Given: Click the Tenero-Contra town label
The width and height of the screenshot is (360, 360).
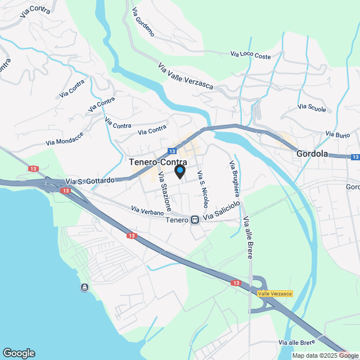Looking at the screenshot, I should tap(158, 162).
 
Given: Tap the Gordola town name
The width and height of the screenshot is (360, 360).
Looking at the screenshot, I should tap(312, 153).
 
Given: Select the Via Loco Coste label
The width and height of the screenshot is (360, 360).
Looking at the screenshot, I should tap(250, 55).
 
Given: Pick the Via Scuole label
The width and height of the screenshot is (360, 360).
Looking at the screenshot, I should tap(312, 107).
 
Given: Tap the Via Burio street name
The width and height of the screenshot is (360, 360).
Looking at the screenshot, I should tap(337, 134).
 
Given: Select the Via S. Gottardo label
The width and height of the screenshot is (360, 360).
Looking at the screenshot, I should tap(90, 181).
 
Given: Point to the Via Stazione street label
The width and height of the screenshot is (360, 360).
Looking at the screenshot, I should tap(164, 190).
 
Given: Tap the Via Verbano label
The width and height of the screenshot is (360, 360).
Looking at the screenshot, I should tap(147, 211).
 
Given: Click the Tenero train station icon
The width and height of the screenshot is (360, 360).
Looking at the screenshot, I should tap(195, 220).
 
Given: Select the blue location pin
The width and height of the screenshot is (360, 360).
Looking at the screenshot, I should tap(180, 171).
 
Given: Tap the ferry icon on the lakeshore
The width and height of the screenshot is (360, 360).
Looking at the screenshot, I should tap(84, 288).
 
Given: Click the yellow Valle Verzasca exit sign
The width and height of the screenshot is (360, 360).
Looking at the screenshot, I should tap(275, 294).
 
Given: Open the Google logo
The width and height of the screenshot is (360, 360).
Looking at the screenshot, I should tap(18, 353).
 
